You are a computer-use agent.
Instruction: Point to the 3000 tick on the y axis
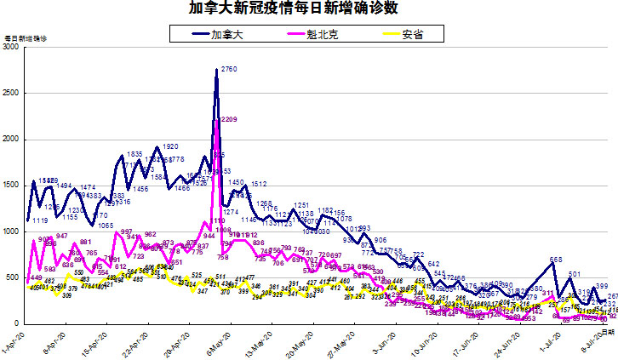tap(11, 49)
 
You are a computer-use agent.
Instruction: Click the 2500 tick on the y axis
tap(11, 94)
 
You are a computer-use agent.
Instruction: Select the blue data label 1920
tap(169, 147)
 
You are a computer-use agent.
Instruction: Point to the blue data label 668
tap(556, 260)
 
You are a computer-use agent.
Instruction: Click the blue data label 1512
tap(259, 184)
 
